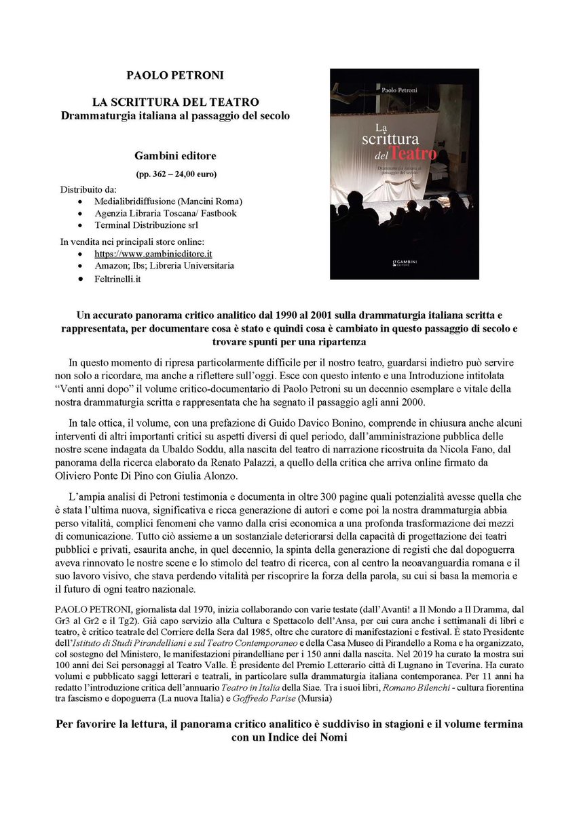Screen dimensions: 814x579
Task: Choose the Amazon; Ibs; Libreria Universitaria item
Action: (x=164, y=265)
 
